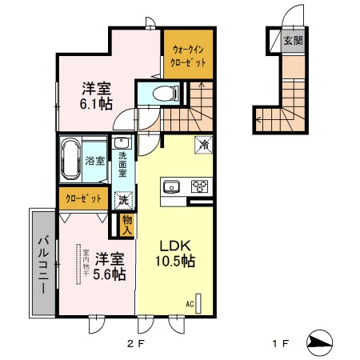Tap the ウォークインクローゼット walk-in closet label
(189, 55)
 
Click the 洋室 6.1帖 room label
(95, 95)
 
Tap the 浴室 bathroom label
(95, 161)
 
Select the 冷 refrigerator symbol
(204, 145)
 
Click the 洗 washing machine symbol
(123, 200)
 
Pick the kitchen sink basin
(172, 188)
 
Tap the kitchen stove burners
(198, 188)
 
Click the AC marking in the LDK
(190, 303)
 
